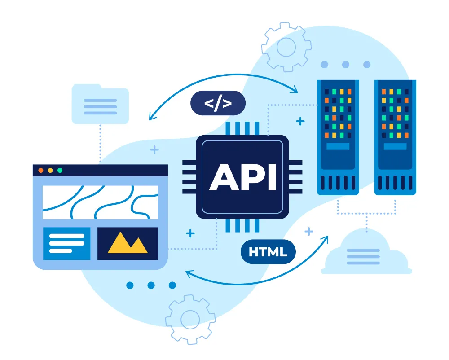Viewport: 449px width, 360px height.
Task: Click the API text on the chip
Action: [242, 176]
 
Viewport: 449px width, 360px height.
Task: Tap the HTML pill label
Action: [268, 252]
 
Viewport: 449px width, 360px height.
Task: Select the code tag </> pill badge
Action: [218, 103]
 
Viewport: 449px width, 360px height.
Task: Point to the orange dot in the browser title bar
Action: [41, 171]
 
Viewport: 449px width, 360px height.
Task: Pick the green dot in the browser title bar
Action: [60, 171]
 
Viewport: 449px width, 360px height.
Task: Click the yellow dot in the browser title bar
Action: [50, 171]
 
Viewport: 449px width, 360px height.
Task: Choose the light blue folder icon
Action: [100, 105]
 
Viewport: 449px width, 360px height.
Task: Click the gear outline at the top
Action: [286, 47]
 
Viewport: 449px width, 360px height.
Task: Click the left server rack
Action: [338, 137]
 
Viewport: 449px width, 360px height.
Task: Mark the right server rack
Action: [395, 137]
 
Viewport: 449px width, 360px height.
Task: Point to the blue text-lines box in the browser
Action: [67, 243]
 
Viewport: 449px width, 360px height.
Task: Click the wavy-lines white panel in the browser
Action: [100, 202]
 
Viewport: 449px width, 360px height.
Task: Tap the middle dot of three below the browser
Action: [151, 285]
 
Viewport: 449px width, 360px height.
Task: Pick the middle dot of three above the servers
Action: [345, 65]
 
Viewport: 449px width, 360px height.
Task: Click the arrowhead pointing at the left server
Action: [295, 91]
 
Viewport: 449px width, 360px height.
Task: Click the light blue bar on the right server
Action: [395, 146]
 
